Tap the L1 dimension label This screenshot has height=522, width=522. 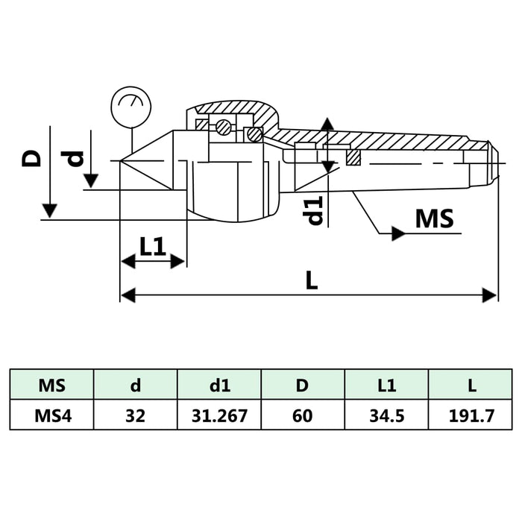153,246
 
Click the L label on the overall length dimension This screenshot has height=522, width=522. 312,280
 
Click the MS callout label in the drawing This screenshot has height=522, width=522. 434,219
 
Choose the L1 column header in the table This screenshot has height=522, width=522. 386,386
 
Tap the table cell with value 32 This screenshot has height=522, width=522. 135,415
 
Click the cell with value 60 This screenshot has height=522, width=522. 303,415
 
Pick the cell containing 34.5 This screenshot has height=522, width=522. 386,415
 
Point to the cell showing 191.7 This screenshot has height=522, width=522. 471,415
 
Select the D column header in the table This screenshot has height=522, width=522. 303,386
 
